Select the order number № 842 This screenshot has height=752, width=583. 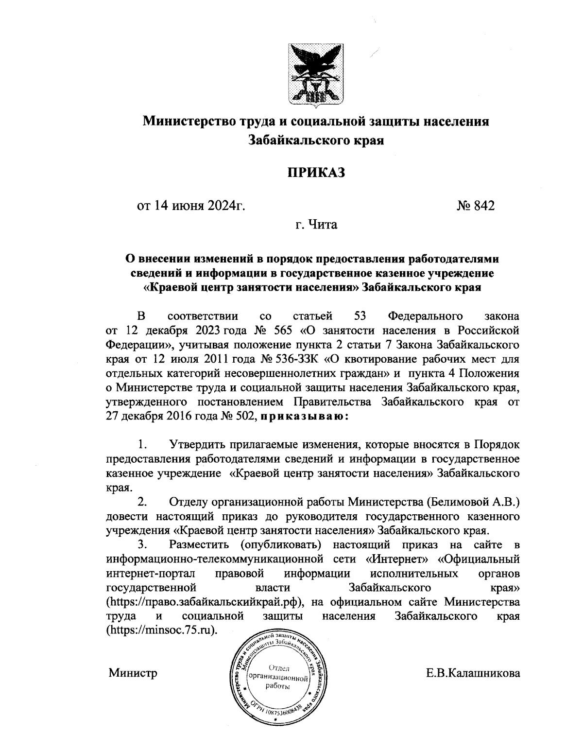475,207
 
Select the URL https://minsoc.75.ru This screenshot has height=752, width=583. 161,629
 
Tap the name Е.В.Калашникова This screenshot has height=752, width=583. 472,674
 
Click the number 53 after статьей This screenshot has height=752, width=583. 360,316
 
